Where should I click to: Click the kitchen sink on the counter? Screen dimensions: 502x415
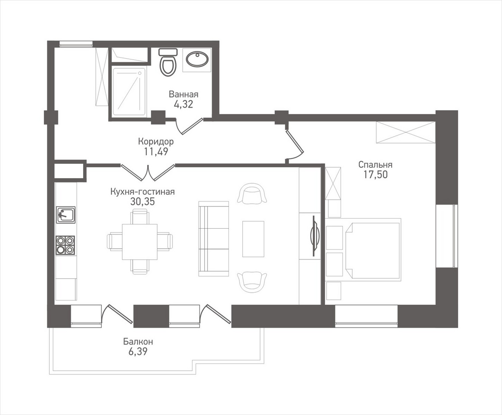(x=66, y=214)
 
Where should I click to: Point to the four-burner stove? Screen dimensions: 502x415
(x=65, y=245)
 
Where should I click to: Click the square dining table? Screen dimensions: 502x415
(x=140, y=242)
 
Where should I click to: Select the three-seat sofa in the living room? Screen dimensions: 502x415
(x=213, y=239)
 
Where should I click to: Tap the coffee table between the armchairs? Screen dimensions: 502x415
(x=253, y=239)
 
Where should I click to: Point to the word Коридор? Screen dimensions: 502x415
(x=156, y=141)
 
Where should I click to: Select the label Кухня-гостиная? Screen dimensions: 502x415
(x=142, y=192)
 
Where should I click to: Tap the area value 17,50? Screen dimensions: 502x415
(x=375, y=174)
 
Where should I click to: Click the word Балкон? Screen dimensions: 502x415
(x=138, y=342)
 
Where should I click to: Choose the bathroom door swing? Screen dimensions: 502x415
(x=189, y=126)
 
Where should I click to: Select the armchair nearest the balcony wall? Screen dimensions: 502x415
(x=252, y=280)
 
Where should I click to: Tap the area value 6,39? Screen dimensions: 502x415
(x=138, y=352)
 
